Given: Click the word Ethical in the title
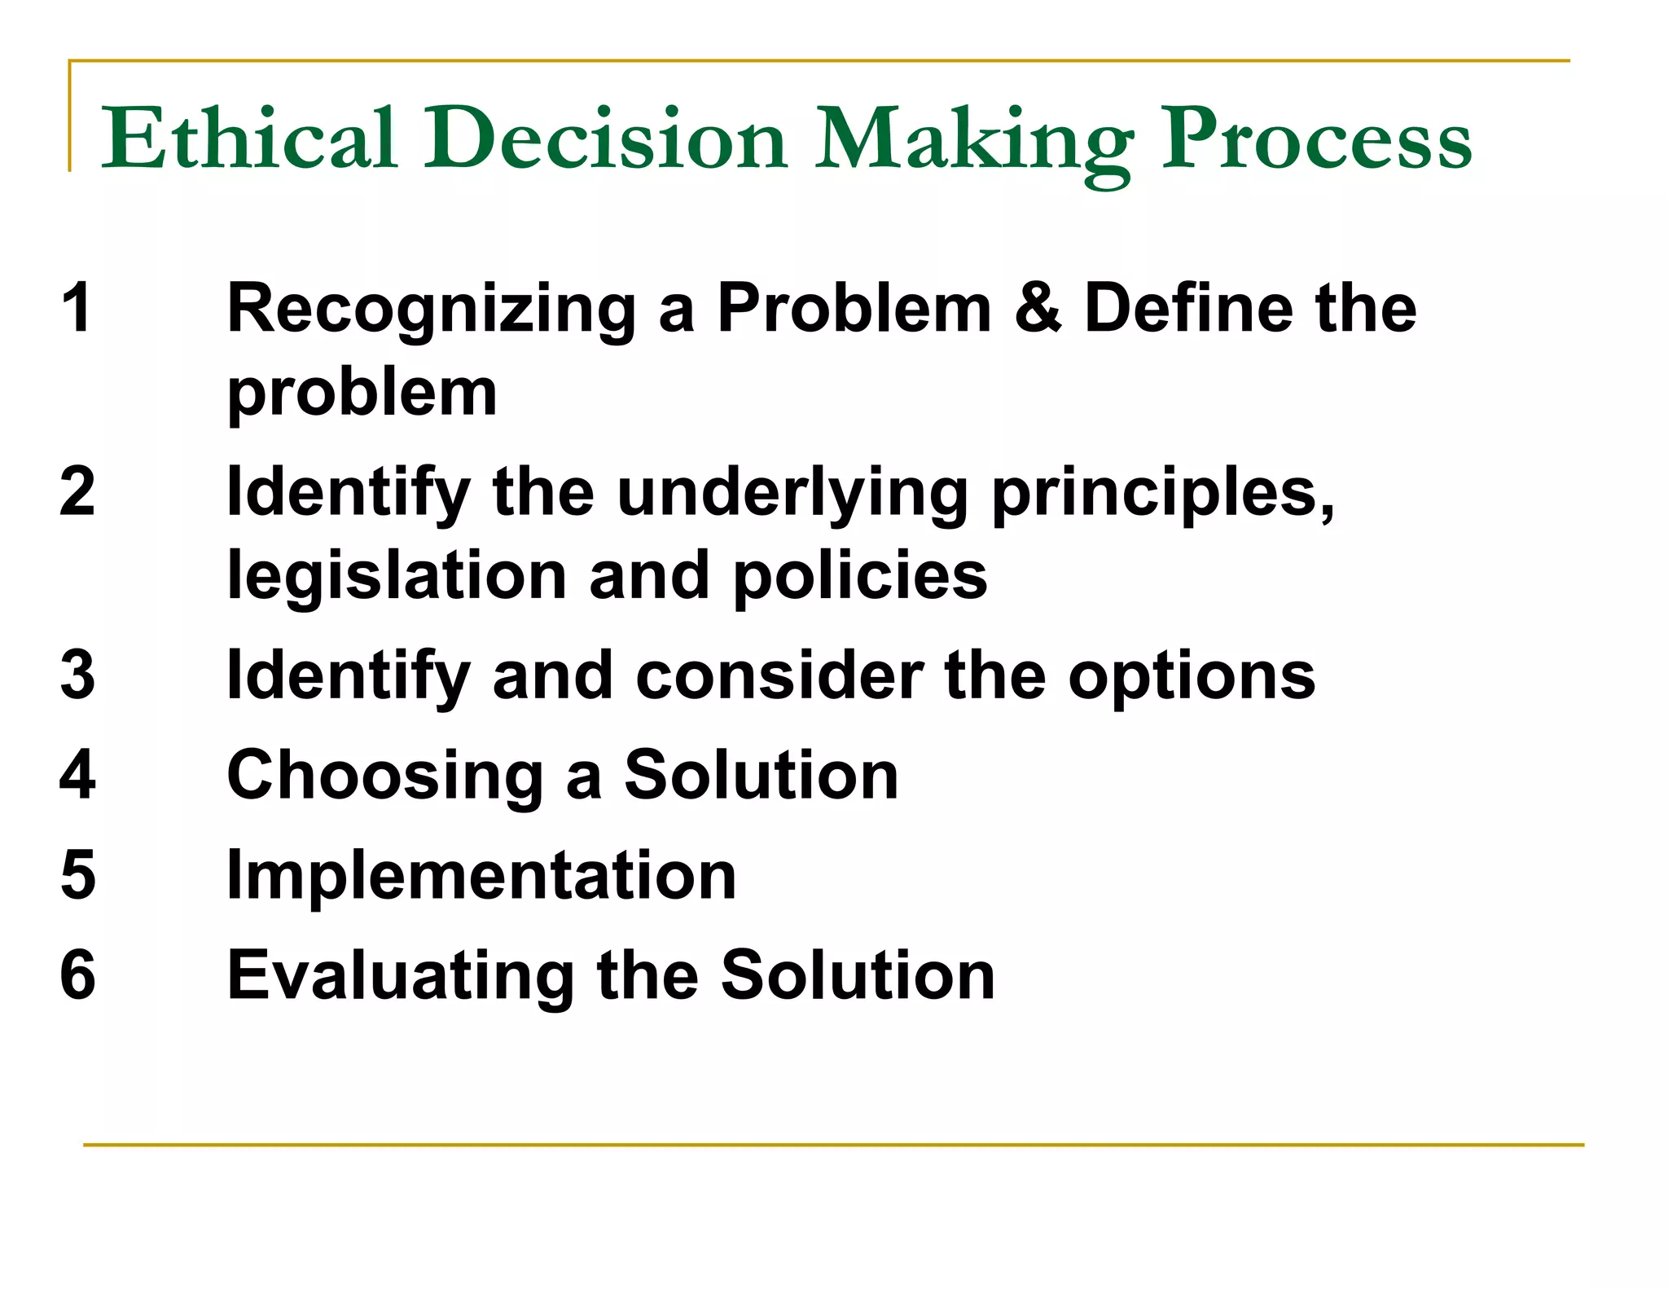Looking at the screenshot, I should tap(248, 139).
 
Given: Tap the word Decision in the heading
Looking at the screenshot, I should tap(605, 139).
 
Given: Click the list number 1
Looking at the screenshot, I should tap(77, 307).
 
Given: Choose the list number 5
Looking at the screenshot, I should tap(77, 875).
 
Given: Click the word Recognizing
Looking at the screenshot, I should tap(432, 310).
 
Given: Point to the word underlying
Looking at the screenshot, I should tap(792, 494).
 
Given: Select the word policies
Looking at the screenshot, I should tap(860, 577).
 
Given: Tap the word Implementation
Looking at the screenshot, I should tap(481, 877).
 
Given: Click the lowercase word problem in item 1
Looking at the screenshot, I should tap(362, 394).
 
